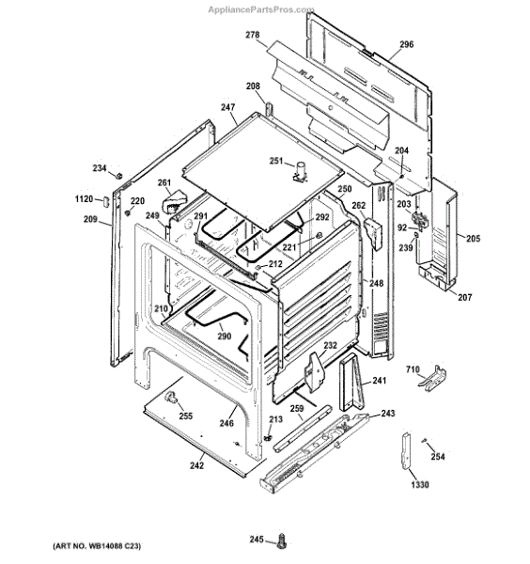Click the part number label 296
click(x=407, y=44)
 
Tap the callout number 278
click(x=253, y=35)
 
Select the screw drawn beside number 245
click(x=282, y=540)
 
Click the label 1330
click(x=420, y=484)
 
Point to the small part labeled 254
click(x=424, y=440)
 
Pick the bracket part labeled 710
click(x=432, y=379)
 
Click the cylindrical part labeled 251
click(x=300, y=171)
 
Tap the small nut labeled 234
click(x=118, y=176)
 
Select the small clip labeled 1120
click(x=105, y=200)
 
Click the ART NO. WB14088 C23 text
click(x=97, y=546)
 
